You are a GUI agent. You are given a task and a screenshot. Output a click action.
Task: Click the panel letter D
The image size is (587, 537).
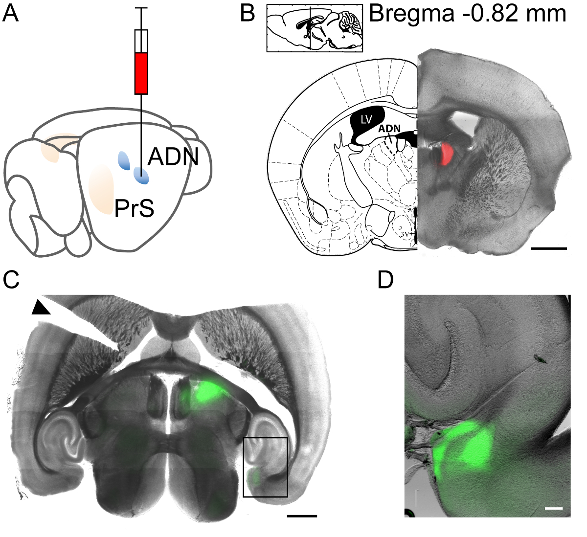pos(386,280)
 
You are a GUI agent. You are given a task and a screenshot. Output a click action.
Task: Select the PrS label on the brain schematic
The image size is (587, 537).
pos(134,209)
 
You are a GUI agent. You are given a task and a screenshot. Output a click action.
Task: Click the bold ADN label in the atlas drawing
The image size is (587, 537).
pos(389,129)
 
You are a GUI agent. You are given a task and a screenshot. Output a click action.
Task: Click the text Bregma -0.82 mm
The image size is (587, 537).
pos(467,14)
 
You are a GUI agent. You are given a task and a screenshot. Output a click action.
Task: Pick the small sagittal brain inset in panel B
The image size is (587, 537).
pos(315,28)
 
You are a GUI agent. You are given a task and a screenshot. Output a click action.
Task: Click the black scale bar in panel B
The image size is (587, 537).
pos(548,248)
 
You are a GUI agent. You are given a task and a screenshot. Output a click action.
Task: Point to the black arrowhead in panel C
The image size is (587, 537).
pos(41,308)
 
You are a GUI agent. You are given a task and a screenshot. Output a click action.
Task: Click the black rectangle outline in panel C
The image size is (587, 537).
pos(265,467)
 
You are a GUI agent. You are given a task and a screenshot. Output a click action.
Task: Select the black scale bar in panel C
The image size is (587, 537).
pos(302,515)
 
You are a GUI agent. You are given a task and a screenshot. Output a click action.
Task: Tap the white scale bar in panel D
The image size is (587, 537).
pos(554,509)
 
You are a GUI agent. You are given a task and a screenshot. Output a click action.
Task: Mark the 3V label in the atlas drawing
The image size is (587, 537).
pos(405,234)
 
